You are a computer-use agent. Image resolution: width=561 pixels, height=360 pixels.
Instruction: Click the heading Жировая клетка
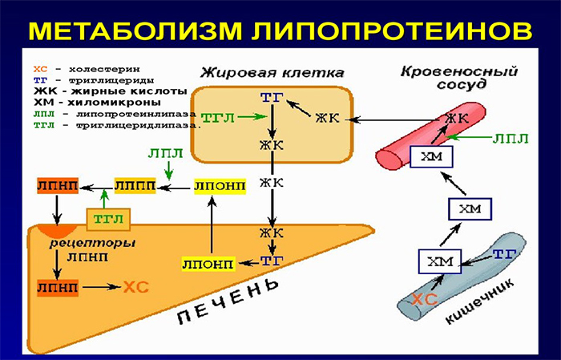coord(272,72)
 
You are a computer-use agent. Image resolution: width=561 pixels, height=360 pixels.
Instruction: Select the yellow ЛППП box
coord(133,186)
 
